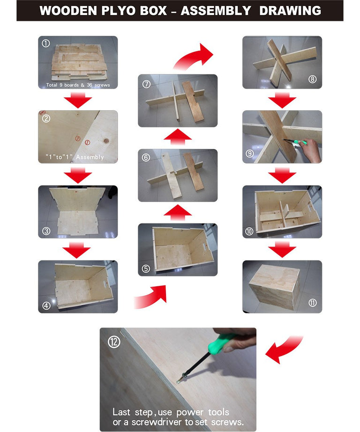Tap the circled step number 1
tap(46, 43)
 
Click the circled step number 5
tap(146, 268)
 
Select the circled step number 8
tap(312, 79)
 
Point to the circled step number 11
tap(312, 303)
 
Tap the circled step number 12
tap(114, 342)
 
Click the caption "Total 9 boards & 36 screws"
tap(78, 85)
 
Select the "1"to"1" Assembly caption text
tap(75, 157)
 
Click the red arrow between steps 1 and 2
tap(78, 100)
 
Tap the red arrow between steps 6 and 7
tap(178, 137)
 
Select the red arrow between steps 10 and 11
tap(282, 249)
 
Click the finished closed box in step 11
tap(274, 288)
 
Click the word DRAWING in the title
tap(290, 11)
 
